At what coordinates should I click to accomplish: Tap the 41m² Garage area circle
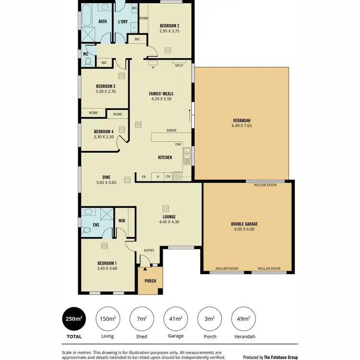176,318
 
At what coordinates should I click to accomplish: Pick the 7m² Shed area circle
142,318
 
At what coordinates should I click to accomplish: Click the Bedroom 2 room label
169,25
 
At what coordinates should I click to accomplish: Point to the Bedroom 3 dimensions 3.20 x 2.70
106,91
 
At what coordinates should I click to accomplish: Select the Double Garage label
244,224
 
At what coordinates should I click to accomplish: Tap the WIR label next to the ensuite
122,220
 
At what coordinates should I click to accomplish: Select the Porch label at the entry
150,281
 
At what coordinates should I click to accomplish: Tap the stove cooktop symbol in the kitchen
177,177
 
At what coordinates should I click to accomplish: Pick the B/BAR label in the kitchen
171,131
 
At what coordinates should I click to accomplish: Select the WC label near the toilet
85,54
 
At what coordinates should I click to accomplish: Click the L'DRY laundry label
122,22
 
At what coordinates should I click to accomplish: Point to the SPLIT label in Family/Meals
179,65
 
